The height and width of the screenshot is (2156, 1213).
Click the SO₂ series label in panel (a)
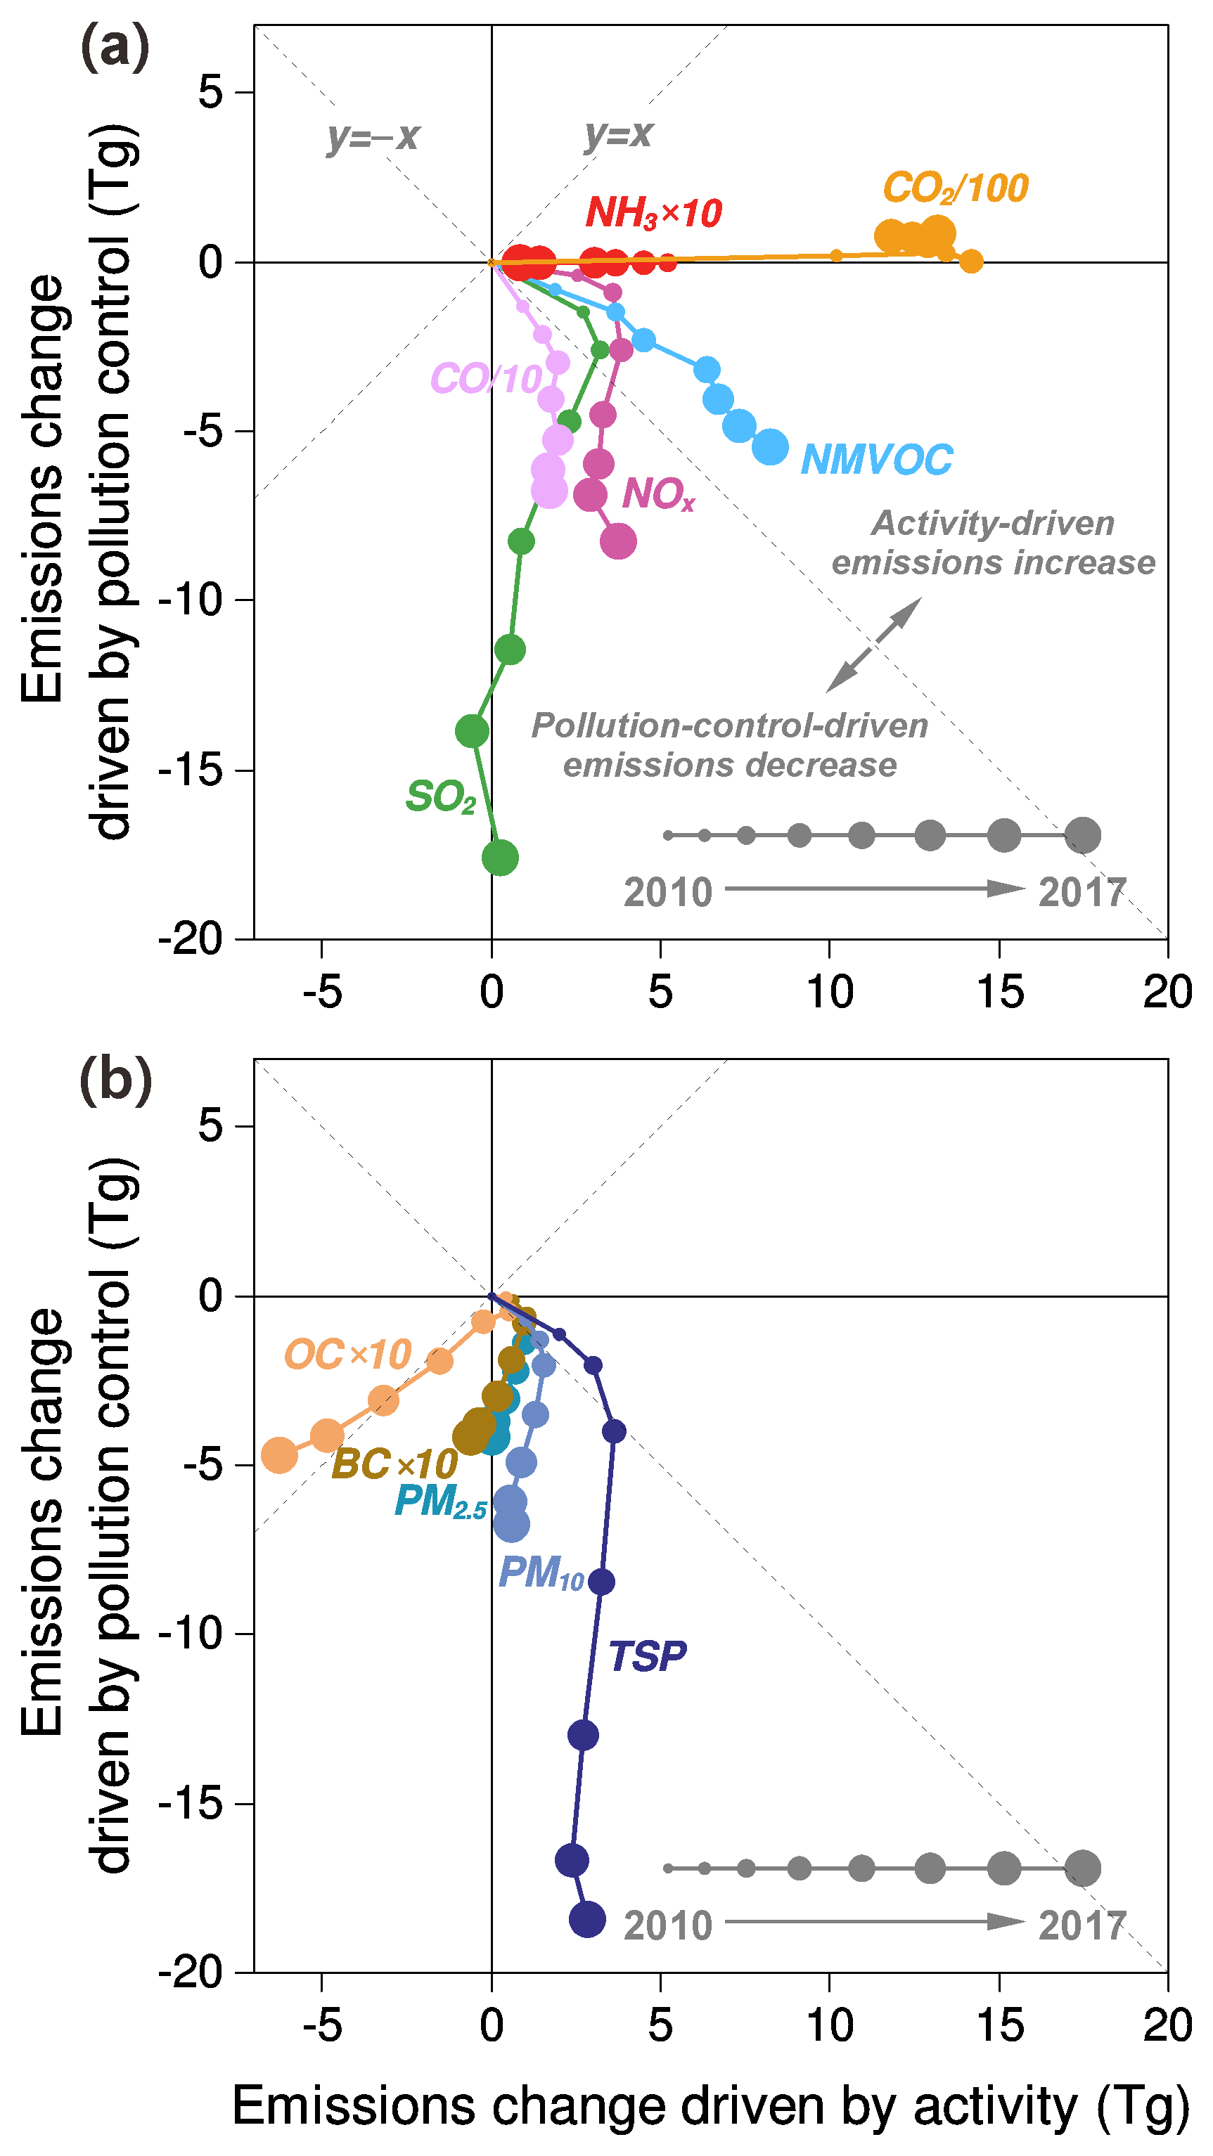[x=440, y=796]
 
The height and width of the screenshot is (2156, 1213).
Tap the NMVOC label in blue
[x=876, y=460]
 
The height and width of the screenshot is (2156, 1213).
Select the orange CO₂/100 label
[x=955, y=188]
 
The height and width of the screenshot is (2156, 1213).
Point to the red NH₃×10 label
[x=653, y=212]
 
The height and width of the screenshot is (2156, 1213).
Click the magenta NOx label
[x=658, y=493]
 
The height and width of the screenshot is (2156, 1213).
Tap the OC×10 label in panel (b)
[x=347, y=1354]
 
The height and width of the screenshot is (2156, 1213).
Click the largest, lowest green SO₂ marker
[x=500, y=857]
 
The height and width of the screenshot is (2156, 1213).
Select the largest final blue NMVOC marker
[x=770, y=447]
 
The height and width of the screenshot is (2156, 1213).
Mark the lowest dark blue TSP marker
[x=587, y=1919]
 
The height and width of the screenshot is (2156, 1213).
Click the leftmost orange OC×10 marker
[x=280, y=1455]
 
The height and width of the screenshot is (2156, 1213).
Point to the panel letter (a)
[x=115, y=49]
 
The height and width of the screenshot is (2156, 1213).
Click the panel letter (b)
[x=115, y=1081]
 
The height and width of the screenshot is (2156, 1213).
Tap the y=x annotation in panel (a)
[x=619, y=134]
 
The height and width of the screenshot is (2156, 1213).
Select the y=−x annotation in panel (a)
[x=373, y=136]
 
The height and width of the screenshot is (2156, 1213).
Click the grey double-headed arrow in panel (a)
[x=874, y=645]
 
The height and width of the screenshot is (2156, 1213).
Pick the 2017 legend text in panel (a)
[x=1082, y=893]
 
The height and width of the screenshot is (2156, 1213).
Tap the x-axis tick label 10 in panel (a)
[x=830, y=993]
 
